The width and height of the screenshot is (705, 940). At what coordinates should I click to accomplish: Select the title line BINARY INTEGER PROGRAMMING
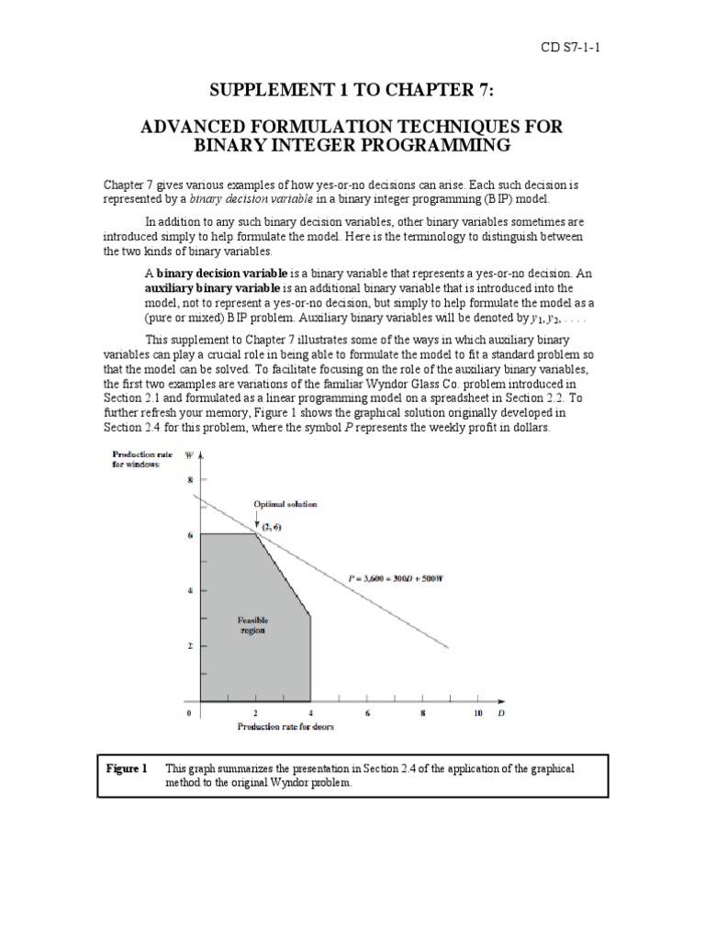click(x=352, y=145)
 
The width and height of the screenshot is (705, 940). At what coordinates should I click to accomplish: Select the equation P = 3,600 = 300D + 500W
click(x=414, y=578)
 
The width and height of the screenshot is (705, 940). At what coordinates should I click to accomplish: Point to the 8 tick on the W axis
click(x=191, y=479)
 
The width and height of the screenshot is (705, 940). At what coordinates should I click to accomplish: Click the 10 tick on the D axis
click(x=477, y=713)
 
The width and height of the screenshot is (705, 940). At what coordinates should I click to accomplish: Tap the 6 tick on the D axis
click(x=367, y=713)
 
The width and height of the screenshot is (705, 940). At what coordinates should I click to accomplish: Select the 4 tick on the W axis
click(x=191, y=590)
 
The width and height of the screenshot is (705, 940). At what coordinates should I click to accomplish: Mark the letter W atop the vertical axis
click(x=188, y=454)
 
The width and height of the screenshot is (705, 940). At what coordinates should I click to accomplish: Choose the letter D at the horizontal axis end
click(x=500, y=712)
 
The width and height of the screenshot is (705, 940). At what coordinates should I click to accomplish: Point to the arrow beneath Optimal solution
click(x=258, y=520)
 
